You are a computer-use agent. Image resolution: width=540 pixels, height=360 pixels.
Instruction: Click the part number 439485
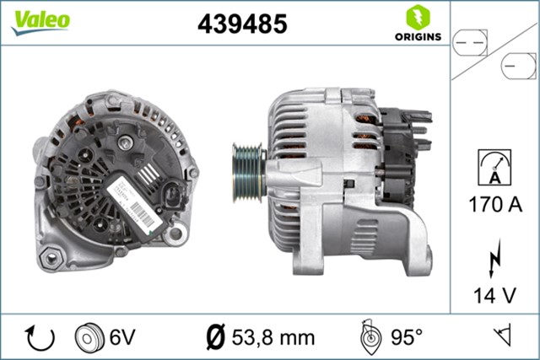click(242, 24)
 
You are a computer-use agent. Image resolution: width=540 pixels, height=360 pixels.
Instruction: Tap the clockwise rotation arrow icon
click(40, 337)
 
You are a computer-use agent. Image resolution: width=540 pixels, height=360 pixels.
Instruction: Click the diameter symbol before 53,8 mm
click(216, 337)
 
